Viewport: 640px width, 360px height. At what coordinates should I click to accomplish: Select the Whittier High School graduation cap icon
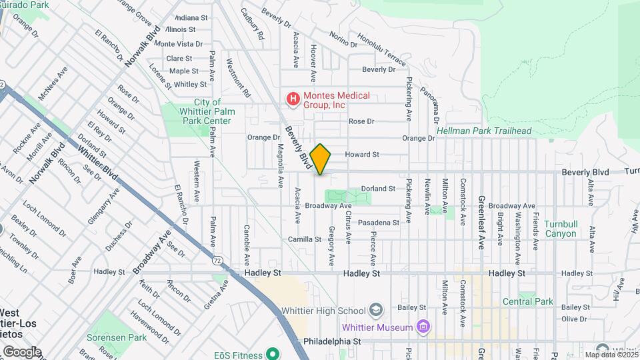(376, 311)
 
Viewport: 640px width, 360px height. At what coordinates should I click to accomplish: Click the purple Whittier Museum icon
(422, 327)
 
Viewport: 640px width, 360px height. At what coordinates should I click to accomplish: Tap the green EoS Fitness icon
(271, 353)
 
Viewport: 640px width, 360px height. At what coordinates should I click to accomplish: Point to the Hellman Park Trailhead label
(484, 131)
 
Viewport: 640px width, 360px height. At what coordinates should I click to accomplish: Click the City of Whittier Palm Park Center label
(206, 111)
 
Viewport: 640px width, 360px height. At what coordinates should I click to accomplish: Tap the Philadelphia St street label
(331, 341)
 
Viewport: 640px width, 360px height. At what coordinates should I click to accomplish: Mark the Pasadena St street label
(378, 223)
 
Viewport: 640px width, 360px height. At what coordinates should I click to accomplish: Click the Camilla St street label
(305, 239)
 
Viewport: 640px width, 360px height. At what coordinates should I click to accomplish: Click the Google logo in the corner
(21, 352)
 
